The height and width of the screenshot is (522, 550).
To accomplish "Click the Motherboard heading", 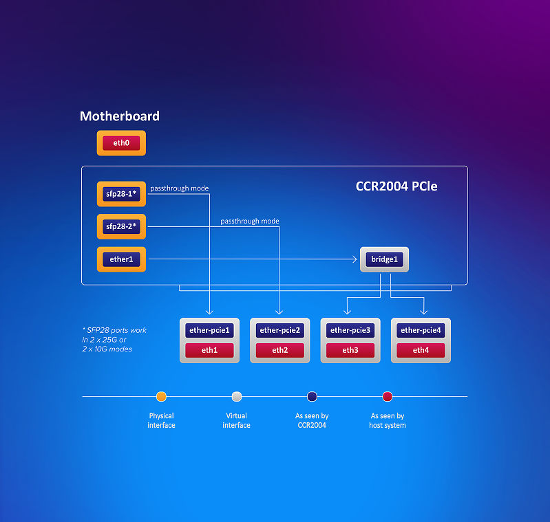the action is (x=120, y=116).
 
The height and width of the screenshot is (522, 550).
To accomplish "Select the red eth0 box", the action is (x=121, y=143).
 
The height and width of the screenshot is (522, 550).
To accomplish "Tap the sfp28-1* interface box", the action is (x=121, y=194).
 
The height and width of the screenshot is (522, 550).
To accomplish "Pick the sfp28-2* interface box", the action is (x=121, y=227).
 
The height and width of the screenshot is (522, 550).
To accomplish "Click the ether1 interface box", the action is (x=121, y=259).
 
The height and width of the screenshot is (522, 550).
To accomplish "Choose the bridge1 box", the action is (x=384, y=259).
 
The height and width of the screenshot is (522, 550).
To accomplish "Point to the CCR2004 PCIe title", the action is (x=396, y=186).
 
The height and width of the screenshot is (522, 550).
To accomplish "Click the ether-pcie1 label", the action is (x=209, y=330).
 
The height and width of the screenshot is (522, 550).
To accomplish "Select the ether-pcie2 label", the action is (x=280, y=330).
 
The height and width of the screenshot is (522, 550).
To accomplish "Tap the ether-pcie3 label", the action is (x=350, y=330).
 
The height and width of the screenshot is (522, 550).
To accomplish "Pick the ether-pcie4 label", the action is (x=421, y=330).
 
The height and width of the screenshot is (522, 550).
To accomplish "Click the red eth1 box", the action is (x=209, y=350).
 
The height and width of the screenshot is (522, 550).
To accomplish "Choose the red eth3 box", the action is (x=350, y=350).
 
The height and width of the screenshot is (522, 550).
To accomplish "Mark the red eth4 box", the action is (x=421, y=350).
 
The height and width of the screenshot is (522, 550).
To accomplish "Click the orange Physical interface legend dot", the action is (x=161, y=397).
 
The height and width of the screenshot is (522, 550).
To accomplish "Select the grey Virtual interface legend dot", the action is (x=237, y=397).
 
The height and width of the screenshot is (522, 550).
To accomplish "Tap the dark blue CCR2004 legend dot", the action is (x=313, y=397).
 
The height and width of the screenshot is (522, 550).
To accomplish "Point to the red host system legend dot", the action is (x=388, y=397).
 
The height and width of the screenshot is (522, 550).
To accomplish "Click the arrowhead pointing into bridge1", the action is (x=355, y=259).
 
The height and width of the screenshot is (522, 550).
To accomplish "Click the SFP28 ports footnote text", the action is (x=114, y=340).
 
